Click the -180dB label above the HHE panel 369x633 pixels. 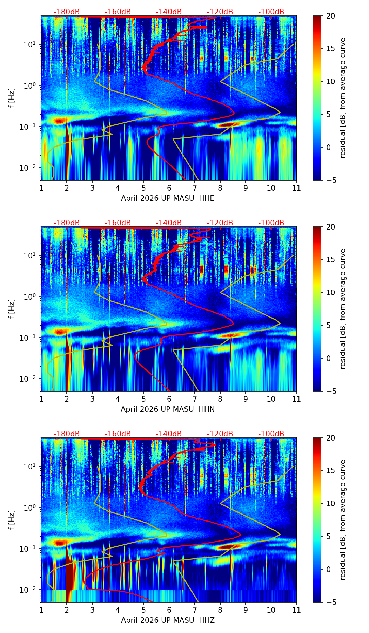click(x=67, y=12)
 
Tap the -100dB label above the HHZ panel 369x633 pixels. click(x=271, y=434)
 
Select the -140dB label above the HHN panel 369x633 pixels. click(x=169, y=223)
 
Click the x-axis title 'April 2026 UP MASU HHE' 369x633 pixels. click(x=168, y=198)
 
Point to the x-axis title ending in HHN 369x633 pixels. click(x=168, y=409)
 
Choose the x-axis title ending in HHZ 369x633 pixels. click(x=168, y=620)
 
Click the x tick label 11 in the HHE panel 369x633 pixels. click(x=296, y=188)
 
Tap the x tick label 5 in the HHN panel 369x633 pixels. click(x=143, y=399)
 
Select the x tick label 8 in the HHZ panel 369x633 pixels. click(x=220, y=610)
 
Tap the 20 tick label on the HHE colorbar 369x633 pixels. click(x=331, y=16)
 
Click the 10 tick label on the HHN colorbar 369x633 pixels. click(x=331, y=292)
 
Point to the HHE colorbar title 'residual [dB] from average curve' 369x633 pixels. click(x=343, y=98)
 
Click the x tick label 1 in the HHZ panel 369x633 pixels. click(x=41, y=610)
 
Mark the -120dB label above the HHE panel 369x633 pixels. click(x=220, y=12)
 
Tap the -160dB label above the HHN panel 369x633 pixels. click(x=118, y=223)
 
